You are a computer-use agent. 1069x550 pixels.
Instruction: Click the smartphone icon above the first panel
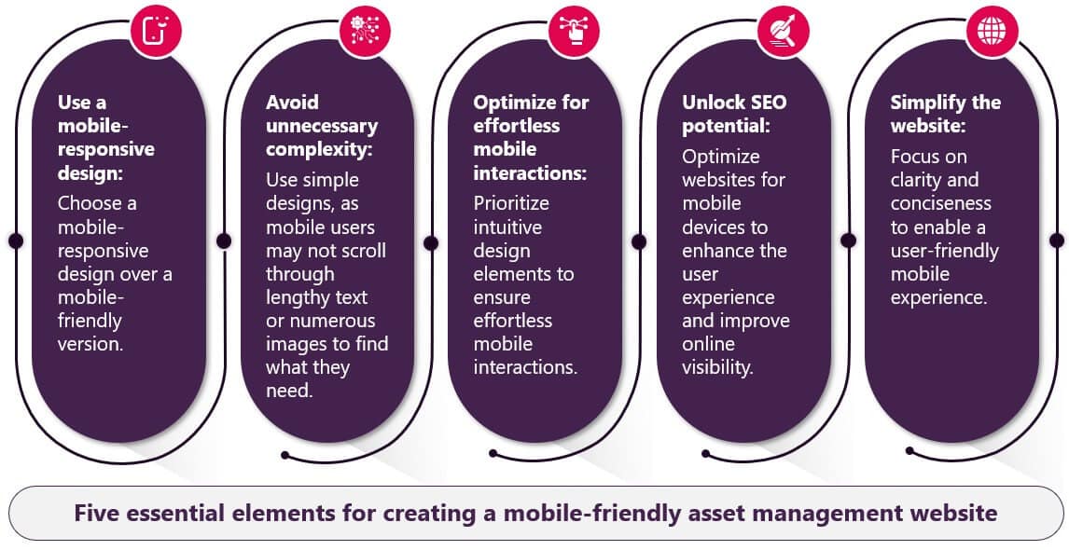pos(156,30)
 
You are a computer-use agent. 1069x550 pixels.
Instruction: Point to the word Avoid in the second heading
pos(292,103)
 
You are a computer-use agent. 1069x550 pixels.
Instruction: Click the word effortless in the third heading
pos(517,126)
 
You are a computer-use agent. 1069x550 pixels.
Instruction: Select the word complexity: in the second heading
pos(320,150)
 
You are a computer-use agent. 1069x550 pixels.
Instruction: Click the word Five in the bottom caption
pos(95,513)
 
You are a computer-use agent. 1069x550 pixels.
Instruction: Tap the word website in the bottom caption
pos(951,513)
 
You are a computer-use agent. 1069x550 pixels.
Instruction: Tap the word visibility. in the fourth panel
pos(718,368)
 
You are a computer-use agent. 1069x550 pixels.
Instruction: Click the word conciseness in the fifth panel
pos(941,204)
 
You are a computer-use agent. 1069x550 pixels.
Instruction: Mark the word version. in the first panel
pos(90,344)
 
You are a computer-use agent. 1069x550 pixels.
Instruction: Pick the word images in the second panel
pos(294,344)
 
